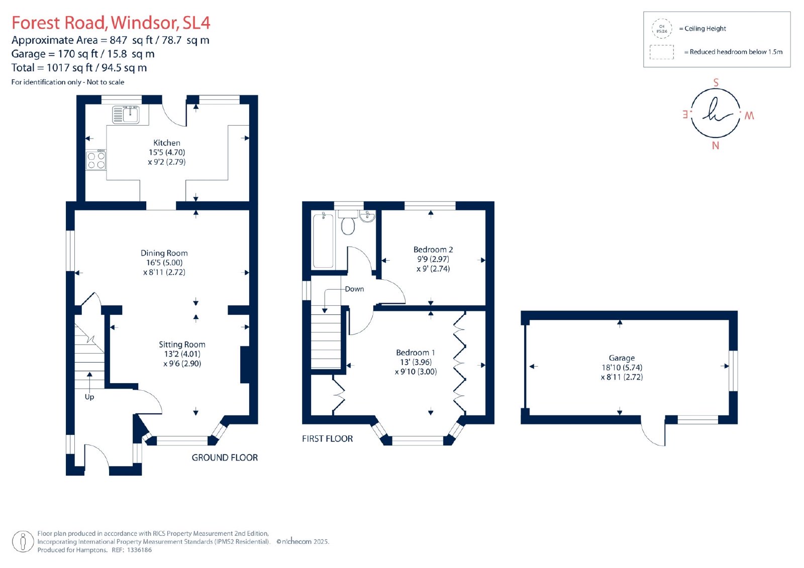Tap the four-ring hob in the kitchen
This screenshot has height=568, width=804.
click(x=96, y=160)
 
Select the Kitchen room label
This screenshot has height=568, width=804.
click(x=167, y=143)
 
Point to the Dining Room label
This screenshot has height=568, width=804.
click(x=164, y=253)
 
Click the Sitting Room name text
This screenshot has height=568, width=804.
click(x=182, y=345)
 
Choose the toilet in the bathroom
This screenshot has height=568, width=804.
click(x=348, y=222)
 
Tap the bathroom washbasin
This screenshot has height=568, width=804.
click(x=367, y=216)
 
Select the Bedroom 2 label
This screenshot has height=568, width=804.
click(x=433, y=250)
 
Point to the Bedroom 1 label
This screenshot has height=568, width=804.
click(x=415, y=353)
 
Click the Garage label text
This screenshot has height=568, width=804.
click(x=622, y=358)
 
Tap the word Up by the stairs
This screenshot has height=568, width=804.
click(x=89, y=397)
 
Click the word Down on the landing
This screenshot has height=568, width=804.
click(x=354, y=289)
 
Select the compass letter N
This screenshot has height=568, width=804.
click(x=716, y=146)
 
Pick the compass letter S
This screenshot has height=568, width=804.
click(x=716, y=82)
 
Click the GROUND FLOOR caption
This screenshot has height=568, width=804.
click(x=225, y=458)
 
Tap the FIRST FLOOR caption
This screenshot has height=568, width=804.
click(x=327, y=438)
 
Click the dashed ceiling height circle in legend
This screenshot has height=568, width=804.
click(x=662, y=29)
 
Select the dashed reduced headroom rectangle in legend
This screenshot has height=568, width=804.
click(x=661, y=52)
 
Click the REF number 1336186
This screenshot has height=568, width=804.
click(x=139, y=550)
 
